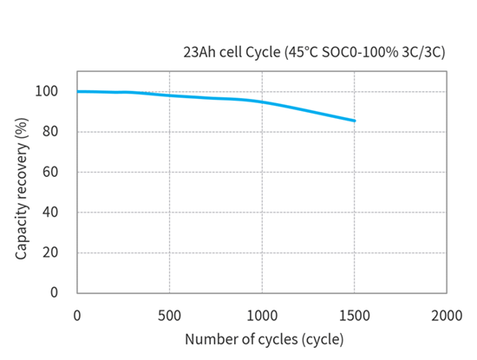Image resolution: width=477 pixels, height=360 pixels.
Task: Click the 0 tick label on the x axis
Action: (77, 313)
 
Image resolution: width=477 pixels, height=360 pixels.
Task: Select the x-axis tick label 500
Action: (170, 313)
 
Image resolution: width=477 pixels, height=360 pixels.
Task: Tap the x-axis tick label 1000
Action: (262, 313)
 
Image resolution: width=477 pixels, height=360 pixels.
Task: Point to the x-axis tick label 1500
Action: (355, 313)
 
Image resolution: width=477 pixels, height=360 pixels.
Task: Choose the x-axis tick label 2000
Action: (447, 313)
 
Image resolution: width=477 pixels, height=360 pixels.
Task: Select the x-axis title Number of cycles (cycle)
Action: (263, 338)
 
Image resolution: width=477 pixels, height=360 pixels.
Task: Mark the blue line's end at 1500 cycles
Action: (355, 121)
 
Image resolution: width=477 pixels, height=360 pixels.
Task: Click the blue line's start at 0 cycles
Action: (78, 91)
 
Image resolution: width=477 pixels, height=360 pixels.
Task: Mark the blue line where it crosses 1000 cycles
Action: (262, 102)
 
